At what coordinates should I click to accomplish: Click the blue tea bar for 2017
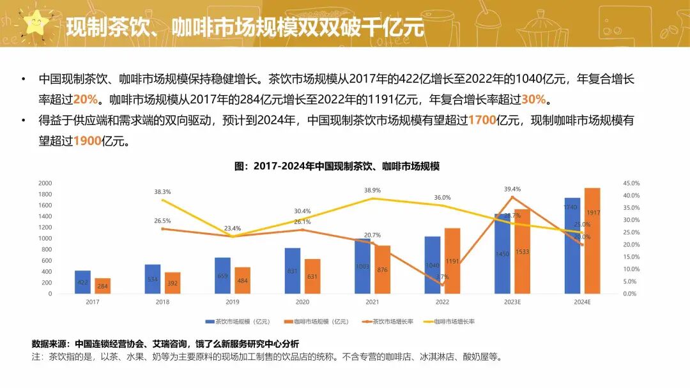tap(82, 282)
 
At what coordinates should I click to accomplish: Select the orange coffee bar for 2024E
tap(592, 241)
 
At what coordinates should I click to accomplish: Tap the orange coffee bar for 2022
tap(452, 261)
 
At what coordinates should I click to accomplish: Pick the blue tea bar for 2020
tap(293, 271)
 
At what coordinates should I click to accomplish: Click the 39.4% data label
tap(512, 189)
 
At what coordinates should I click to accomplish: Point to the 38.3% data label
tap(162, 191)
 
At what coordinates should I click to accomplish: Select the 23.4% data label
tap(233, 228)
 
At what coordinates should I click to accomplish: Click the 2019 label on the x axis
tap(233, 302)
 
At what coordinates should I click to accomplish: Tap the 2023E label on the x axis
tap(512, 302)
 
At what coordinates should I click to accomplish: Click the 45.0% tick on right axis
tap(631, 183)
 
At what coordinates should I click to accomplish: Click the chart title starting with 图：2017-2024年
tap(337, 166)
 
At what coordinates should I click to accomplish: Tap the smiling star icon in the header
tap(36, 24)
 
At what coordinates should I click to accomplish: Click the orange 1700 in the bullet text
tap(482, 120)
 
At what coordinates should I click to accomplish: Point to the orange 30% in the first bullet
tap(533, 100)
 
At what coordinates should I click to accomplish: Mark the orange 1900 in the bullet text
tap(88, 141)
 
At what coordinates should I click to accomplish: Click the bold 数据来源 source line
tap(165, 344)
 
